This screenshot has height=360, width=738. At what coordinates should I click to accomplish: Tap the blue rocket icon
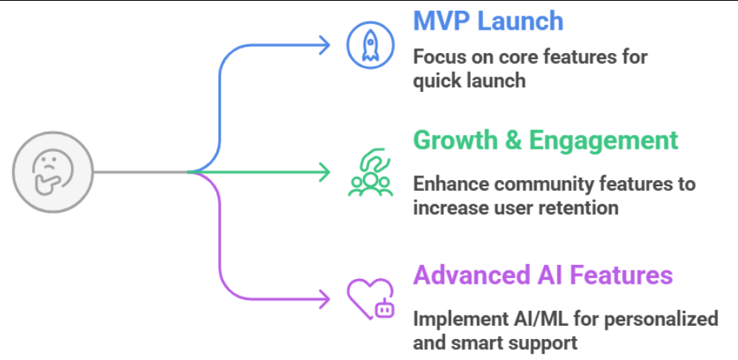371,44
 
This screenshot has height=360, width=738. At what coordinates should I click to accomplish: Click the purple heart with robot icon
371,298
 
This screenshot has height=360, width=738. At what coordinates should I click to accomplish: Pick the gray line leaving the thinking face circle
140,171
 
